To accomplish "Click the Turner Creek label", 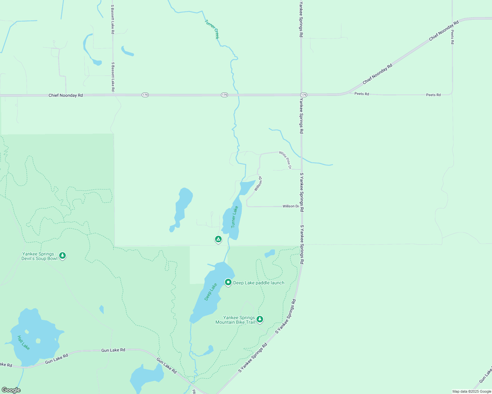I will click(212, 29).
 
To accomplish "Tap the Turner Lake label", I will click(234, 217).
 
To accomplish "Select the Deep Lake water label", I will click(210, 292).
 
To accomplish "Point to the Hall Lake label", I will click(23, 342).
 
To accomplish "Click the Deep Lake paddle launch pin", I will click(228, 282).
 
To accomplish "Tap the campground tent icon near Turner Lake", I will click(218, 239).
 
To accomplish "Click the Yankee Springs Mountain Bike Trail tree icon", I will click(260, 319).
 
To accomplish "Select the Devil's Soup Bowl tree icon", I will click(62, 255).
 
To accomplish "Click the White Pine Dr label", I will click(285, 160).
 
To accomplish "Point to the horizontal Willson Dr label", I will click(291, 206).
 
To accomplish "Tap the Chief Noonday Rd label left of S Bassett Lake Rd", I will click(66, 95).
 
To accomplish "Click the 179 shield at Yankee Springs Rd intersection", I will click(304, 95).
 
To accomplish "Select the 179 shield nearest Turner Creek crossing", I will click(224, 95).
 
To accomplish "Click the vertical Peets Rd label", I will click(453, 37).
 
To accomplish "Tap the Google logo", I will click(11, 390).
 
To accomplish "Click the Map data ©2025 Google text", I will click(472, 391).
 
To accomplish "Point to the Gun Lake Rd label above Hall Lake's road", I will click(113, 350).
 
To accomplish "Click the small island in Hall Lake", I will click(38, 340).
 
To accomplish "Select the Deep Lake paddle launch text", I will click(259, 283).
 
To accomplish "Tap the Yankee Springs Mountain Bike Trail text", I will click(235, 320).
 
